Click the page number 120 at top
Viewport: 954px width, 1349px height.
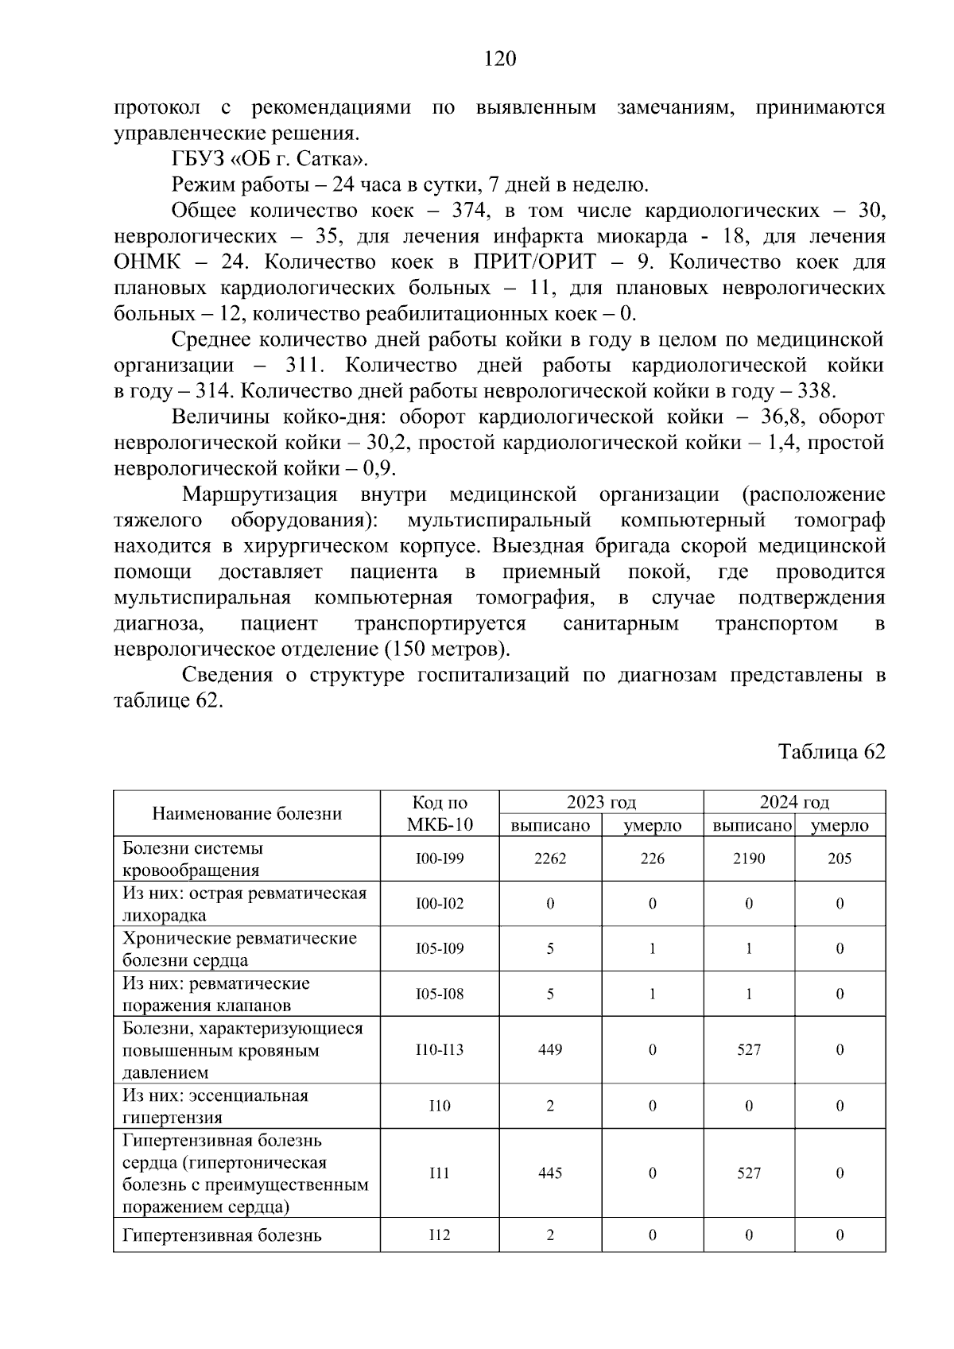[500, 59]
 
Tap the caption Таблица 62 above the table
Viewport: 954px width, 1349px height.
[831, 752]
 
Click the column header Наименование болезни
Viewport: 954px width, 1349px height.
[246, 813]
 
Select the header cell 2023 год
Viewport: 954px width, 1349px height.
[601, 802]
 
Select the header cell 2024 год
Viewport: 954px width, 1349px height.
[793, 802]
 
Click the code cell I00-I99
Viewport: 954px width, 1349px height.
[440, 859]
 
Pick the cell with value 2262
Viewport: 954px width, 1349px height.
[550, 859]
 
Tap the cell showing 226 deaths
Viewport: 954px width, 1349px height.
[652, 859]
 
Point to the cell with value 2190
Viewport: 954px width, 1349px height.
[748, 859]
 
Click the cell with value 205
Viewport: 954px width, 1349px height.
[840, 859]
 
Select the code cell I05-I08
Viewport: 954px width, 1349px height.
[440, 994]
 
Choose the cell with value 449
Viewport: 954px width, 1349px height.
[550, 1049]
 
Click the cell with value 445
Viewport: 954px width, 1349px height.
[550, 1173]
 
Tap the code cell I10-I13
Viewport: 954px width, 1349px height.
[440, 1049]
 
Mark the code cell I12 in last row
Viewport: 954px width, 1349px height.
[440, 1235]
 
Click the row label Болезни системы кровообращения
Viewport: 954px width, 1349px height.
[193, 859]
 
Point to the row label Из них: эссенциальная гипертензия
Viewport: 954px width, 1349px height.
[215, 1106]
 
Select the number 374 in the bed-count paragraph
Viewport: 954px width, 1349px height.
[469, 211]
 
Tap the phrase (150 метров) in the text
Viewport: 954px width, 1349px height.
[446, 649]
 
